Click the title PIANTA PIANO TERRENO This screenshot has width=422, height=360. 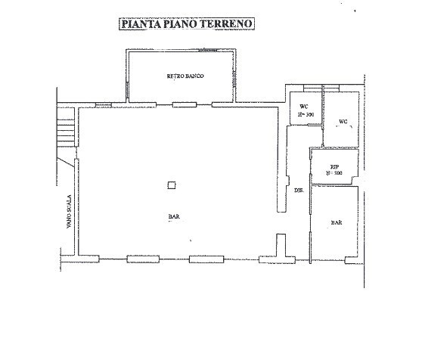tap(187, 23)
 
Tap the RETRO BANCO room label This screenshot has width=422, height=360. tap(186, 77)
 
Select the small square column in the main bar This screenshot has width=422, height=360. tap(172, 185)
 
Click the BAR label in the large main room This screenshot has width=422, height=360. tap(173, 217)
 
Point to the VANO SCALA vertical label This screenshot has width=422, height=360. tap(68, 212)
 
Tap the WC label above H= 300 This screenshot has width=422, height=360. tap(304, 107)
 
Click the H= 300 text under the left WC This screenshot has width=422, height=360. tap(305, 114)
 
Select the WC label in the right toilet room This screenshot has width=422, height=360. tap(343, 121)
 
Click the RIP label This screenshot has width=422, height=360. tap(334, 166)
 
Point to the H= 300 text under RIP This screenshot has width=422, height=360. tap(334, 173)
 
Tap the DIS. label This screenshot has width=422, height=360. tap(298, 190)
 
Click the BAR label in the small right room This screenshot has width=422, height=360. tap(336, 223)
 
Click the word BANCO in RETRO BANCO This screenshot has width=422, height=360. tap(194, 77)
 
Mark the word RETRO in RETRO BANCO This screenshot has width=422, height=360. tap(175, 77)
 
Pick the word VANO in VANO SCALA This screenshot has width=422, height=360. tap(68, 221)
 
